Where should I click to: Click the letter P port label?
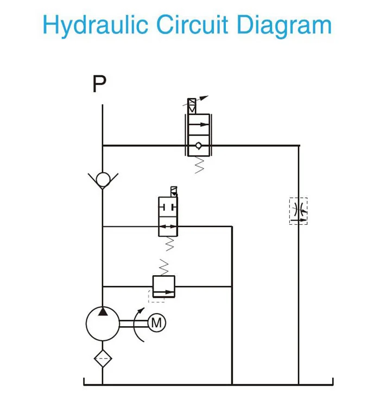99,85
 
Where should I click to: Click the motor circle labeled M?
156,323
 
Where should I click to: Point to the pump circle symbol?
102,324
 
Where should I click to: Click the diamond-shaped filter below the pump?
102,359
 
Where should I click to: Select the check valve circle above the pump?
102,179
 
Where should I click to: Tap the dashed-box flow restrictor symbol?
298,211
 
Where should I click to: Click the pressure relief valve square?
164,287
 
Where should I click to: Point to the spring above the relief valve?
164,267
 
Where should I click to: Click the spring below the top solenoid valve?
198,164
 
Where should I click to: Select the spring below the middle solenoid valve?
168,244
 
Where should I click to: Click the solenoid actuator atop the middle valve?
173,191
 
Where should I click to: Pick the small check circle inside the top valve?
198,145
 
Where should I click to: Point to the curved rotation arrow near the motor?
139,325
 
